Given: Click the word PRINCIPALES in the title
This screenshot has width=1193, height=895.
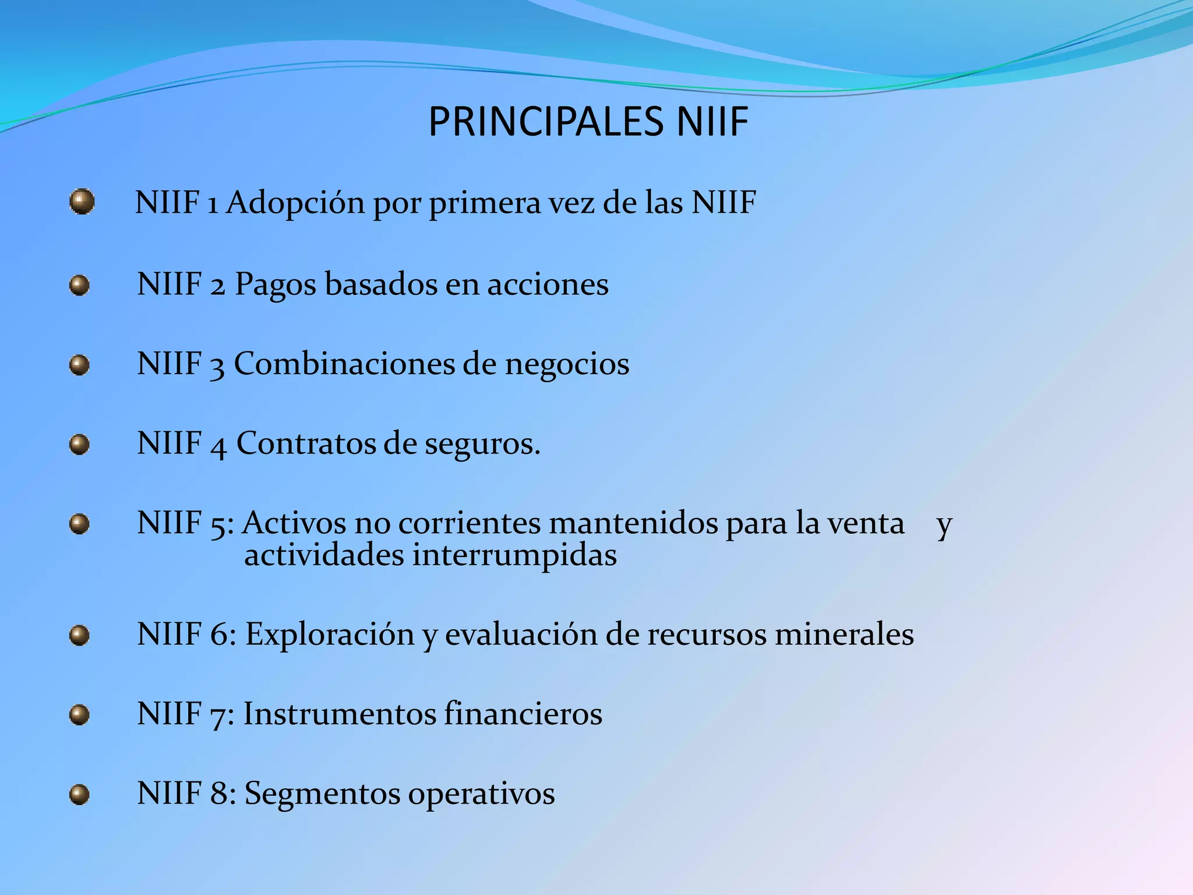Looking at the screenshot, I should (545, 122).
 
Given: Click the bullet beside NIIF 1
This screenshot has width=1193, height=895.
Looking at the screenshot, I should (82, 202).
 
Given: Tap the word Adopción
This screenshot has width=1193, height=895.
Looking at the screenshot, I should (295, 203).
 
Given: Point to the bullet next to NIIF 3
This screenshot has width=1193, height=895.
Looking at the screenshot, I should (79, 365).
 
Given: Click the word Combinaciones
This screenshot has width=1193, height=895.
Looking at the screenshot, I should (344, 364).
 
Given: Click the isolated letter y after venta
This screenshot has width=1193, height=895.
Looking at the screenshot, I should (944, 524).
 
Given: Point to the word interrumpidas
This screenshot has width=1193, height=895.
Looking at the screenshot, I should (514, 554).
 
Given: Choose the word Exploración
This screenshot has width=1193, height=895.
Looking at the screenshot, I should (329, 634).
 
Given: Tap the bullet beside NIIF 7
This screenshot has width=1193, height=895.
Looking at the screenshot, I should (79, 715).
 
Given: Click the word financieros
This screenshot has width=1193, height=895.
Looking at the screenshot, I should (523, 714).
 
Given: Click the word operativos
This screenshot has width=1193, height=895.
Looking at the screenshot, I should (481, 794).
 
